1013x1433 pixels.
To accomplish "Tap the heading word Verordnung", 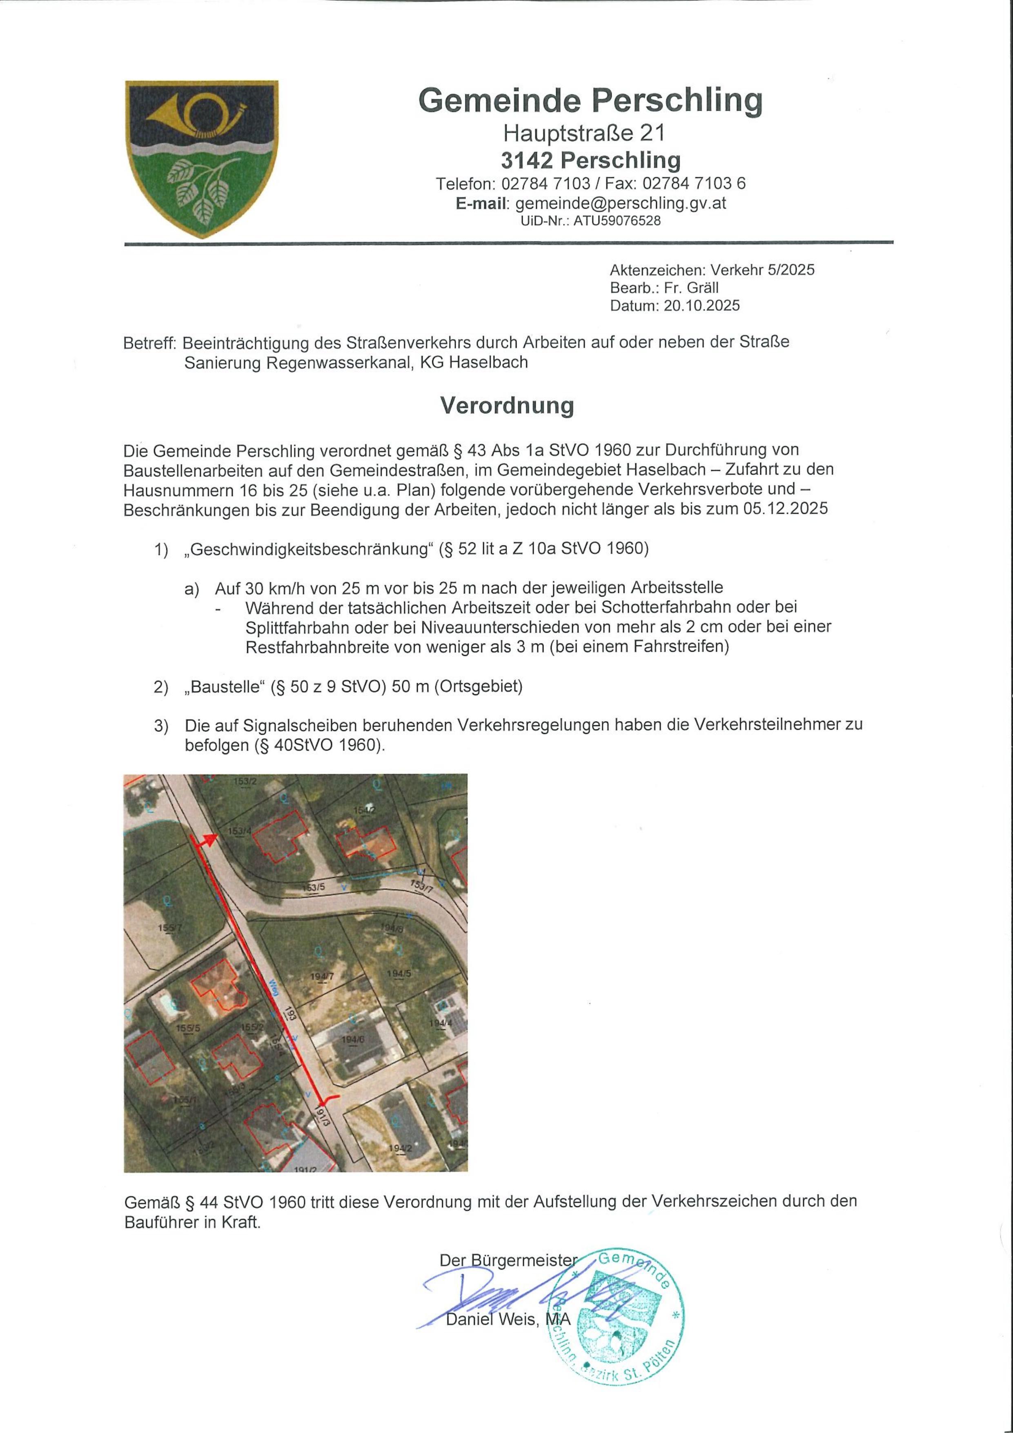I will [x=507, y=406].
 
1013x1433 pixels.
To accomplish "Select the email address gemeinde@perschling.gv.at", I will [x=620, y=203].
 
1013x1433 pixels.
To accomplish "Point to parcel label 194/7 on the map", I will [x=323, y=976].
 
